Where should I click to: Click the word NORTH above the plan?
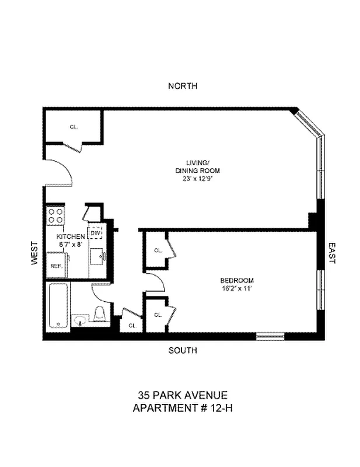pos(183,86)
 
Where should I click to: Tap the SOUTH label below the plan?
pos(183,351)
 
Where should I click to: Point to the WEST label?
pos(34,254)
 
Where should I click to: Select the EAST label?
pos(332,254)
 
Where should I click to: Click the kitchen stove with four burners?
pos(55,217)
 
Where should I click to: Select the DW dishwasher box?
pos(95,233)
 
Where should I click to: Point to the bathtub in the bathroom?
pos(57,306)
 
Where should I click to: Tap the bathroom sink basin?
pos(81,320)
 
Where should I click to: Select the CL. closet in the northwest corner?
pos(74,126)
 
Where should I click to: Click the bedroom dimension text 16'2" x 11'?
pos(236,288)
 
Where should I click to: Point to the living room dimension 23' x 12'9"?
pos(198,179)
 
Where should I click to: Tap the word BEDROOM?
pos(236,280)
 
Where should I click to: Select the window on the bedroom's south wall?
pos(270,336)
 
